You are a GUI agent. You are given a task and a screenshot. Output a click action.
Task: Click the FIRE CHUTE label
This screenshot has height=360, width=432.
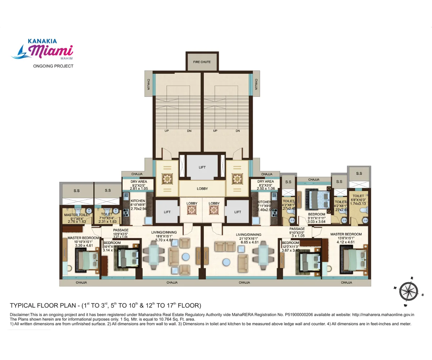202,62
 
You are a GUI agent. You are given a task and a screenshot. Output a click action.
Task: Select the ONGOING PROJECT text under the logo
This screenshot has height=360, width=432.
53,66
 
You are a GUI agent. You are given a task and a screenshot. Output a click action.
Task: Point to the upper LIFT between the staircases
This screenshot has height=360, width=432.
202,167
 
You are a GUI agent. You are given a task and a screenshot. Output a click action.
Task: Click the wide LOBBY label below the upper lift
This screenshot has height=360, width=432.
202,189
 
